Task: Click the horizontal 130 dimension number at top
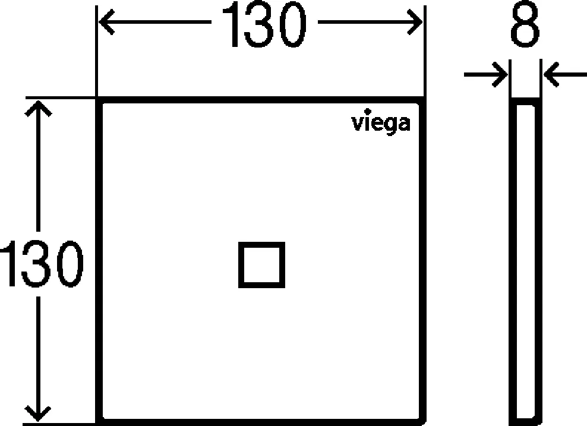coord(264,24)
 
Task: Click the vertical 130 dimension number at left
coord(41,264)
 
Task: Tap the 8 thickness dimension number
coord(525,24)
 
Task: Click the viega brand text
coord(381,122)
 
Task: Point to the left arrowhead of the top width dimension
coord(106,22)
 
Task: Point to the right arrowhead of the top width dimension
coord(415,22)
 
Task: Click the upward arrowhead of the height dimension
coord(38,108)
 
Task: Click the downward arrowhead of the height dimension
coord(38,414)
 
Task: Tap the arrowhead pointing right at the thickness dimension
coord(500,74)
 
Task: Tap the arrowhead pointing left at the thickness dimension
coord(551,74)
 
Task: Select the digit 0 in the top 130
coord(293,24)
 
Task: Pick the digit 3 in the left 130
coord(36,264)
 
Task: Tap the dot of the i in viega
coord(368,111)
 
